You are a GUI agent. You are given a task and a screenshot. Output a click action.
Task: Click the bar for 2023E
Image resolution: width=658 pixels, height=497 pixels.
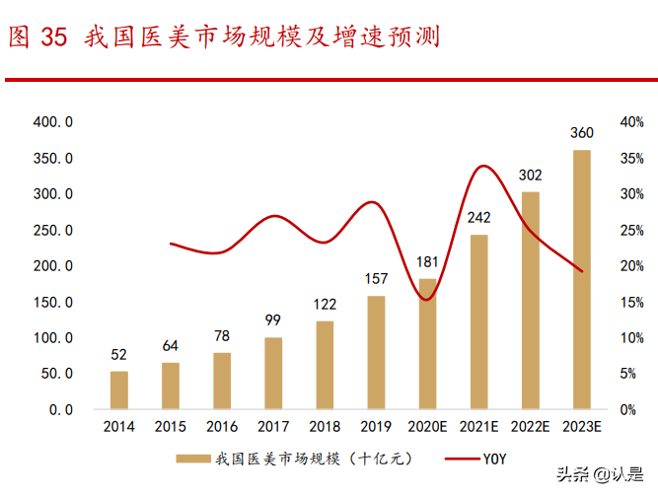[x=582, y=279]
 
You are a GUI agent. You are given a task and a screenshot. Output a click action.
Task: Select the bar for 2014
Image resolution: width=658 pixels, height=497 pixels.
[x=118, y=390]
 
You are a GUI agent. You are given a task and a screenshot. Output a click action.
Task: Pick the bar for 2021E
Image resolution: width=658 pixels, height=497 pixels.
[x=479, y=321]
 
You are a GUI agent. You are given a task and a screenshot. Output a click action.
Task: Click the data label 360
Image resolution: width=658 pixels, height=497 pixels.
[x=582, y=133]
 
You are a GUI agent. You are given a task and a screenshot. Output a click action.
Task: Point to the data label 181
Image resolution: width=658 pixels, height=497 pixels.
[x=427, y=261]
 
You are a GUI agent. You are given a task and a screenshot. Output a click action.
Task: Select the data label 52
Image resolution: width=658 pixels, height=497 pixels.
[x=118, y=355]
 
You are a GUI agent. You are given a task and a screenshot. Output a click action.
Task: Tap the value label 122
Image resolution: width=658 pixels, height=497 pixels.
[x=325, y=304]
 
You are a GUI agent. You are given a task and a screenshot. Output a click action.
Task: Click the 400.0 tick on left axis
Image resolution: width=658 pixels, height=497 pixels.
[x=53, y=121]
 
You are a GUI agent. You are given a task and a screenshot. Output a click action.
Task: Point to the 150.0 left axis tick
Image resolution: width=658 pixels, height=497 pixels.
[x=53, y=302]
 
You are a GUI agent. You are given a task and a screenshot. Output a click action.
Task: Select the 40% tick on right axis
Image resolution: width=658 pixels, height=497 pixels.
[x=631, y=121]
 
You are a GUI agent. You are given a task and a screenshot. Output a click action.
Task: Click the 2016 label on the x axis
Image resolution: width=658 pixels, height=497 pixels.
[x=222, y=426]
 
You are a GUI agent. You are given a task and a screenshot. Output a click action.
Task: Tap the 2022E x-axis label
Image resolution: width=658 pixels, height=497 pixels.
[x=531, y=426]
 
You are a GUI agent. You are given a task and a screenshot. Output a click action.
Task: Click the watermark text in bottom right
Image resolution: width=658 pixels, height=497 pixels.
[x=603, y=474]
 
